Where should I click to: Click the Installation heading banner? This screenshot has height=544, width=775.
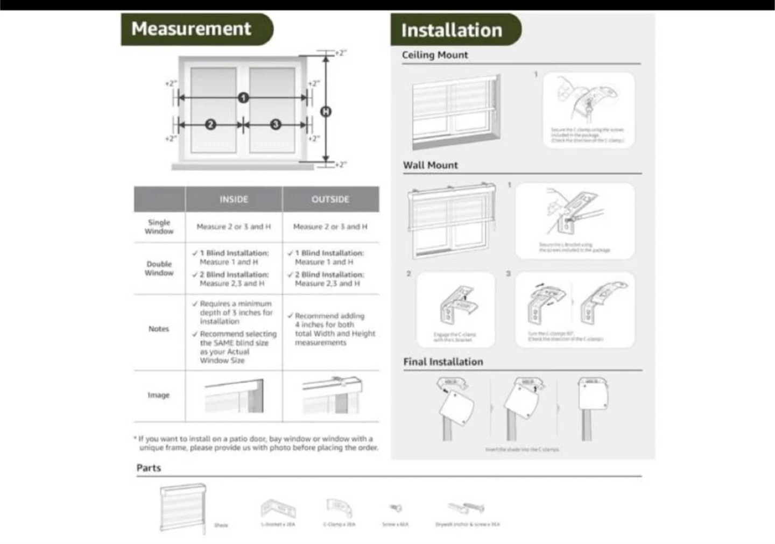pyautogui.click(x=452, y=31)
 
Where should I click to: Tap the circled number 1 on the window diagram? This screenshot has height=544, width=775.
pyautogui.click(x=243, y=97)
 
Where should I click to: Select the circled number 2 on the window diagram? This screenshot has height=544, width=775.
pyautogui.click(x=210, y=124)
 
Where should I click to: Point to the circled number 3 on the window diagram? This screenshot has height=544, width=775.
pyautogui.click(x=276, y=124)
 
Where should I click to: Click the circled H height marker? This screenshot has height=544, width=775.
pyautogui.click(x=326, y=111)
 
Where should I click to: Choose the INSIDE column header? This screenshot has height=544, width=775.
pyautogui.click(x=234, y=199)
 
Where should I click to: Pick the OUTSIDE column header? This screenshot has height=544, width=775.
pyautogui.click(x=330, y=199)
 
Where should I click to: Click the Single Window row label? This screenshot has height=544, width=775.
pyautogui.click(x=159, y=227)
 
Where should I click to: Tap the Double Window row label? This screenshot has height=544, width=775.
pyautogui.click(x=159, y=268)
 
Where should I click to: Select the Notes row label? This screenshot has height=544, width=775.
pyautogui.click(x=159, y=329)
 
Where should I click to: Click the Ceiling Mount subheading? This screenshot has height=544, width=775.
pyautogui.click(x=435, y=55)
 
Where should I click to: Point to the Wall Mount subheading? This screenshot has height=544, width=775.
pyautogui.click(x=431, y=165)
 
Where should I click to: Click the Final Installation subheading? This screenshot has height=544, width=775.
pyautogui.click(x=443, y=362)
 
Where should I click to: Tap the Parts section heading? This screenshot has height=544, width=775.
pyautogui.click(x=149, y=468)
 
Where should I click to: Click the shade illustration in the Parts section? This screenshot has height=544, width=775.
pyautogui.click(x=183, y=508)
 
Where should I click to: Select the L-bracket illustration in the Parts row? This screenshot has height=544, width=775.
pyautogui.click(x=278, y=508)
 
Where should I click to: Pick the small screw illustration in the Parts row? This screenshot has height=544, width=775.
pyautogui.click(x=396, y=507)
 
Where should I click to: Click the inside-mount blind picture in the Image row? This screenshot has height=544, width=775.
pyautogui.click(x=234, y=396)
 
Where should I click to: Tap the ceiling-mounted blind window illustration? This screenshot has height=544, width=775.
pyautogui.click(x=456, y=111)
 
